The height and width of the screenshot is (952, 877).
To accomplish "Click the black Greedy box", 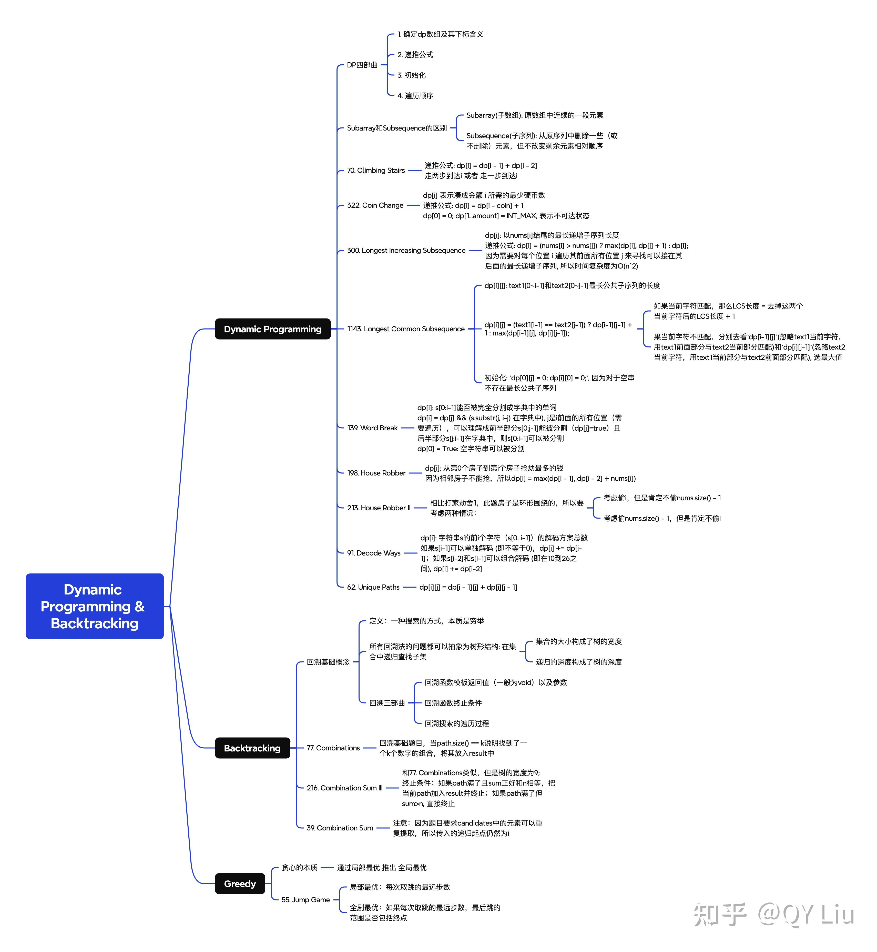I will (x=240, y=884).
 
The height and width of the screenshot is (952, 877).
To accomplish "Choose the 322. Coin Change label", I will (x=375, y=205).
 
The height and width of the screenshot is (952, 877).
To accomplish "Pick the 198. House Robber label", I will (x=376, y=473).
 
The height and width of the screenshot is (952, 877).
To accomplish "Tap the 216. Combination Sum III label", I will (x=344, y=788).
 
